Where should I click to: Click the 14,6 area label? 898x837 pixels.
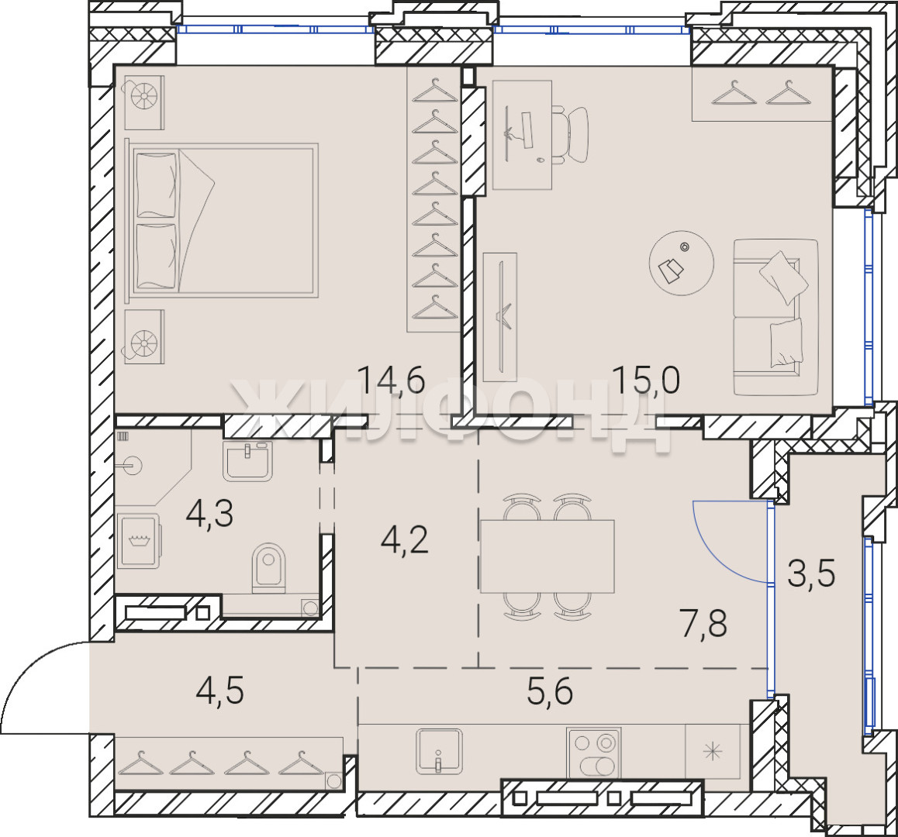pyautogui.click(x=391, y=381)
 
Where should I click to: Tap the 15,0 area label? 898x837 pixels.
pyautogui.click(x=646, y=381)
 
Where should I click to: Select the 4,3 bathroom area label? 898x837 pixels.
pyautogui.click(x=209, y=513)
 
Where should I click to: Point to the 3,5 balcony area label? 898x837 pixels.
pyautogui.click(x=811, y=574)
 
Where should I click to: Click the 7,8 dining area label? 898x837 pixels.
pyautogui.click(x=704, y=623)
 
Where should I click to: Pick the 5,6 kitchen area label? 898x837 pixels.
pyautogui.click(x=550, y=692)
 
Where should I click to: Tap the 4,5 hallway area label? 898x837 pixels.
pyautogui.click(x=220, y=691)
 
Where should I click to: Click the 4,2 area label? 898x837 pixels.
pyautogui.click(x=405, y=540)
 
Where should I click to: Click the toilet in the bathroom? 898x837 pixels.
pyautogui.click(x=268, y=567)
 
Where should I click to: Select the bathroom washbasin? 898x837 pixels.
pyautogui.click(x=247, y=461)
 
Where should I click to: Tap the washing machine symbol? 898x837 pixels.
pyautogui.click(x=139, y=541)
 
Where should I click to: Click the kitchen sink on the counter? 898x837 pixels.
pyautogui.click(x=439, y=750)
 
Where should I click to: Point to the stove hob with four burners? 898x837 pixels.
pyautogui.click(x=594, y=753)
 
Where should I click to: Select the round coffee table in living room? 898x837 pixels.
pyautogui.click(x=682, y=263)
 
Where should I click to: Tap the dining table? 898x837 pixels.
pyautogui.click(x=547, y=556)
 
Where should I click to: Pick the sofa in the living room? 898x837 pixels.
pyautogui.click(x=775, y=317)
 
